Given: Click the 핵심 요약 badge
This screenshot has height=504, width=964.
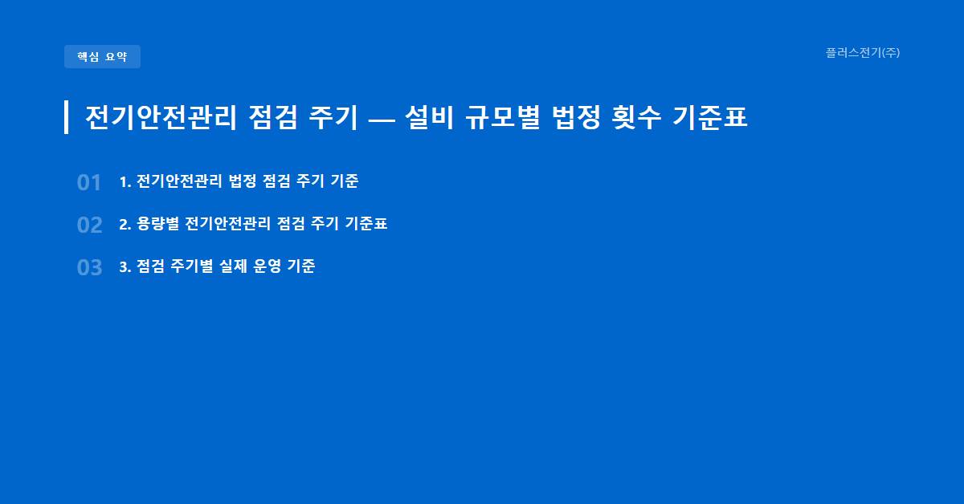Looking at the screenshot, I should pos(102,57).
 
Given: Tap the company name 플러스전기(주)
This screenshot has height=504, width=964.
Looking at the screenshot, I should pos(862,53).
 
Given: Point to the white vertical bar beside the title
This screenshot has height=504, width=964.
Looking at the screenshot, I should pos(66,117).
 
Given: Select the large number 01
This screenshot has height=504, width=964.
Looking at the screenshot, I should pos(89,183).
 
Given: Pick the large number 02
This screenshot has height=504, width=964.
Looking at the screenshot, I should pos(89,226).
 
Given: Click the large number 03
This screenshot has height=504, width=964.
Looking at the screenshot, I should pos(89,268).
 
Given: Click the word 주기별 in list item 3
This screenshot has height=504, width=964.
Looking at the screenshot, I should pos(190,266).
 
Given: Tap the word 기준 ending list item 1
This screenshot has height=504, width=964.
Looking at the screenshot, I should pos(345,181).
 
